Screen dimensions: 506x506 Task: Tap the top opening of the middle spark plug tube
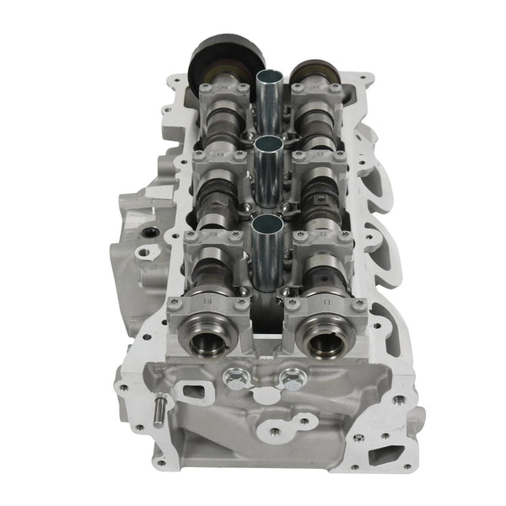pyautogui.click(x=267, y=144)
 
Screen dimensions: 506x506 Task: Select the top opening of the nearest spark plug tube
pyautogui.click(x=267, y=223)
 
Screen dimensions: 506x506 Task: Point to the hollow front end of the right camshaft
pyautogui.click(x=324, y=341)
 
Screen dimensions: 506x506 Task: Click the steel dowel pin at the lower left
pyautogui.click(x=158, y=414)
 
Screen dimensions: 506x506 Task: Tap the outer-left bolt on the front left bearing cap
pyautogui.click(x=175, y=302)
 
